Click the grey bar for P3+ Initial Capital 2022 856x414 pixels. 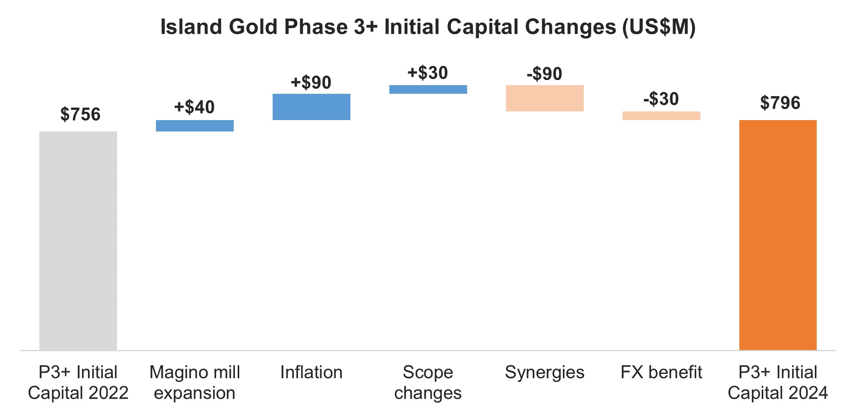(78, 241)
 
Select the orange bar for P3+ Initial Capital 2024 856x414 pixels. (778, 235)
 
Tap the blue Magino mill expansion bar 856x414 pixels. (195, 126)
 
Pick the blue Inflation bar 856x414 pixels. (312, 107)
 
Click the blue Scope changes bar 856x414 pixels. (428, 89)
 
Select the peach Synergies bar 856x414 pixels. (545, 98)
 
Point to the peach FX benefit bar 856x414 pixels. (662, 116)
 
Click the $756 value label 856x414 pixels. (81, 115)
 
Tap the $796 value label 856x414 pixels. (780, 103)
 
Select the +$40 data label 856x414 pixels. (194, 107)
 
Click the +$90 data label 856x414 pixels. (311, 82)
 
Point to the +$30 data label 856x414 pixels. (428, 73)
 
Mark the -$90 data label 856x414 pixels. (544, 74)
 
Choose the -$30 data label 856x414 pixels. (661, 99)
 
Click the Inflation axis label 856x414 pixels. (312, 372)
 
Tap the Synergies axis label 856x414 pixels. (545, 372)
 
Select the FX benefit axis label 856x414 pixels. (662, 372)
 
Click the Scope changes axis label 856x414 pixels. (428, 383)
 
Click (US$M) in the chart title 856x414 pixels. (659, 27)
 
